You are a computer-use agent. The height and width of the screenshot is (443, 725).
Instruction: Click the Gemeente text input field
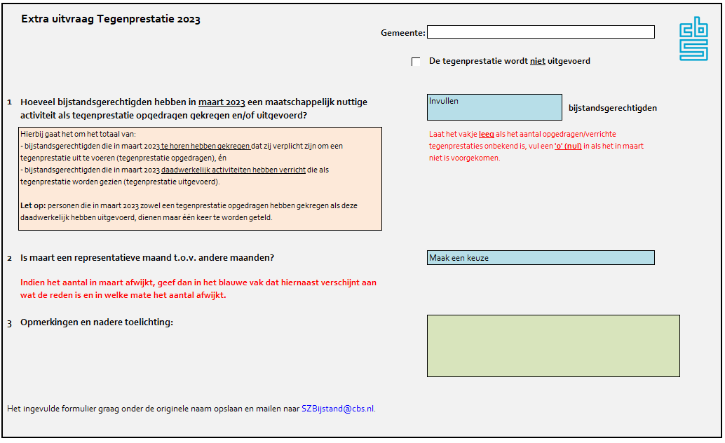tap(541, 32)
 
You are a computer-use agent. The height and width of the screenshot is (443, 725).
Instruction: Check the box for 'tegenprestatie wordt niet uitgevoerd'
tap(416, 62)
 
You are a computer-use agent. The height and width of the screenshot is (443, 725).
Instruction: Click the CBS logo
tap(693, 39)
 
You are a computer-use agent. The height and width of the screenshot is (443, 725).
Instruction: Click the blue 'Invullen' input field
tap(494, 107)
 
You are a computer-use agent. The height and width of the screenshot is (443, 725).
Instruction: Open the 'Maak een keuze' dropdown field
tap(541, 258)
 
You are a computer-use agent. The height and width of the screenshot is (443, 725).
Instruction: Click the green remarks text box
tap(553, 346)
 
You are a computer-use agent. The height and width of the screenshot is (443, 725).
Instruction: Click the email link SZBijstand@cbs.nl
tap(338, 409)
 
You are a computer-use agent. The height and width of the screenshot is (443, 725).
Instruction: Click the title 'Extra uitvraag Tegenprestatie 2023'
tap(111, 20)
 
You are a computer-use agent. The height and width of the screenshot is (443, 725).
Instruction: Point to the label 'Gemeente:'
tap(402, 33)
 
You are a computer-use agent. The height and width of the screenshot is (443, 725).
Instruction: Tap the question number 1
tap(10, 102)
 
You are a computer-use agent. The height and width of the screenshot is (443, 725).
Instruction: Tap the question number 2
tap(10, 258)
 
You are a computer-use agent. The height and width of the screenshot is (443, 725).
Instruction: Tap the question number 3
tap(10, 323)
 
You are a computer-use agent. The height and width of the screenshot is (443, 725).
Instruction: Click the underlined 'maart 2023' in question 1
tap(222, 102)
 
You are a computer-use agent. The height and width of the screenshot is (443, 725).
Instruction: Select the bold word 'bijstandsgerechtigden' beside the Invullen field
tap(613, 108)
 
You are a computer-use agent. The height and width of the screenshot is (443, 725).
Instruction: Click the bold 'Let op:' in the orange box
tap(33, 205)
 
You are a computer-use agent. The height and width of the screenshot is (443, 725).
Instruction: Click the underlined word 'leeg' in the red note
tap(487, 134)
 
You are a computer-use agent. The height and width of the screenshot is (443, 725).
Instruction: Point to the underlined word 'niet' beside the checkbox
tap(537, 61)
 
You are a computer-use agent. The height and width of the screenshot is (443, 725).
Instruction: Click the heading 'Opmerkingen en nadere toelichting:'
tap(97, 322)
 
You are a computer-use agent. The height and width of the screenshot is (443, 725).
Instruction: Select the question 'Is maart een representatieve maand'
tap(147, 257)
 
